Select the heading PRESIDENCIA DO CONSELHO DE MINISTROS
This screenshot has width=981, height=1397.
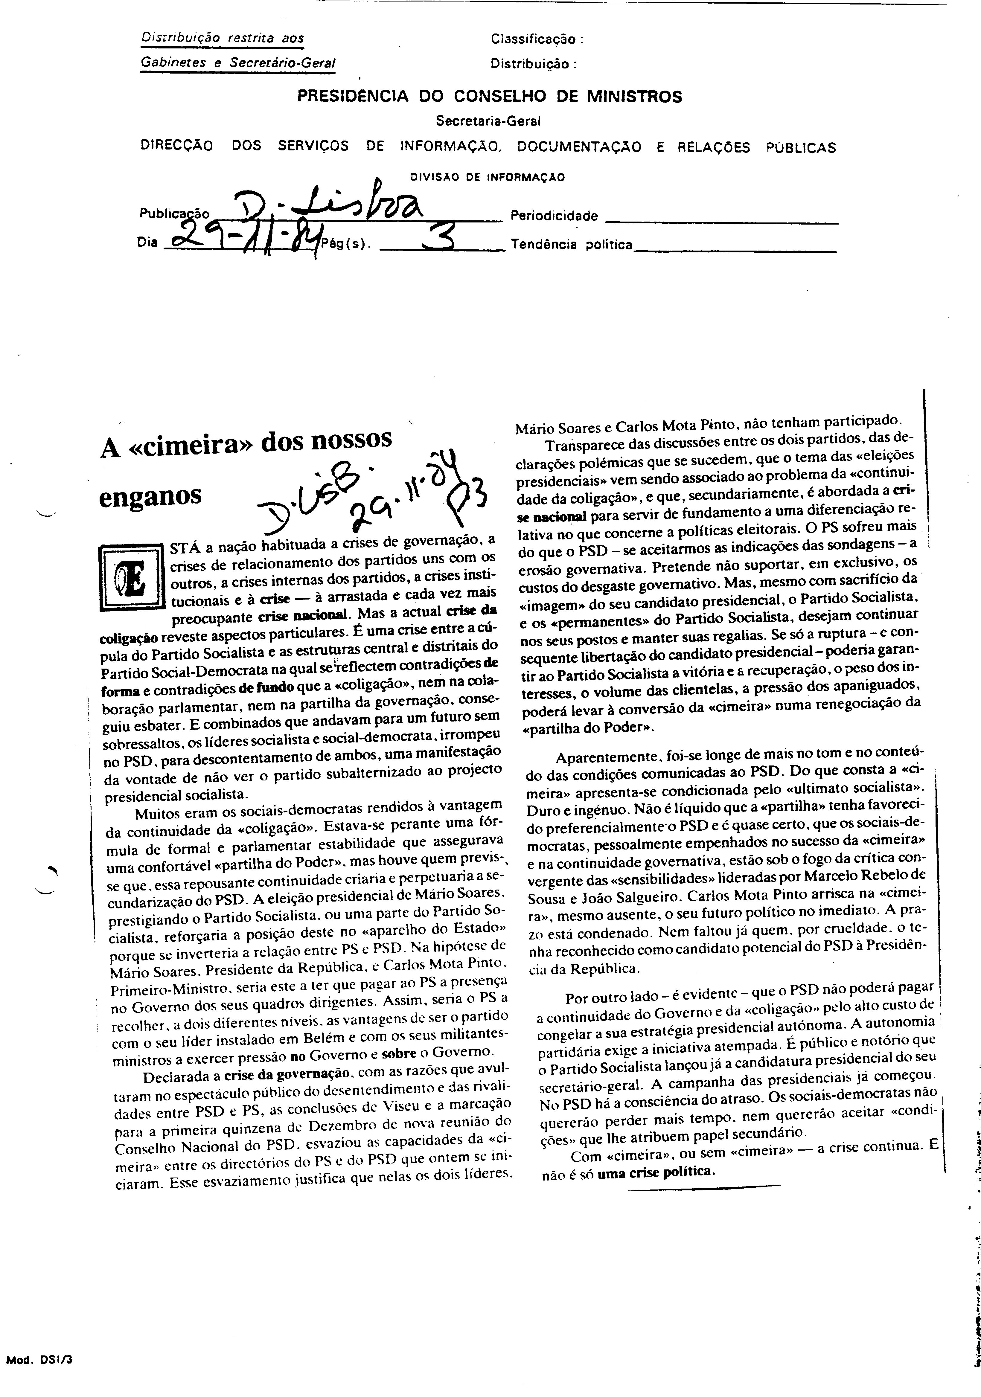[489, 97]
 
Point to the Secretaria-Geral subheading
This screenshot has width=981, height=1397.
[488, 121]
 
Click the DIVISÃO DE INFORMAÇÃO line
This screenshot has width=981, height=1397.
[488, 178]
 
